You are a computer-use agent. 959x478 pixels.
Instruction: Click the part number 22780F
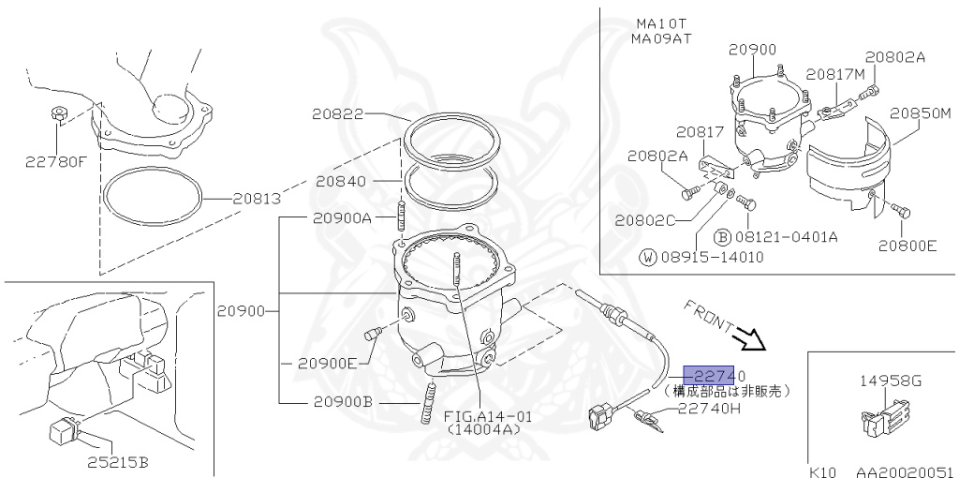tap(55, 160)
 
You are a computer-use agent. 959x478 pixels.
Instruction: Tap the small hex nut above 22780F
tap(57, 115)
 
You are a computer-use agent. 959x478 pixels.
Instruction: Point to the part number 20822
tap(338, 114)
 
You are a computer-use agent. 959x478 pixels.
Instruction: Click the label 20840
tap(340, 181)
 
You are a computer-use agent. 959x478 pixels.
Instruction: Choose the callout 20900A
tap(342, 217)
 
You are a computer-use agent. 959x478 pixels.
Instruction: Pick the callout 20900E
tap(327, 363)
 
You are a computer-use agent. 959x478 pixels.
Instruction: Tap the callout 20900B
tap(342, 401)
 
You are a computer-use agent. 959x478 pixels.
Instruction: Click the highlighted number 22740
tap(715, 376)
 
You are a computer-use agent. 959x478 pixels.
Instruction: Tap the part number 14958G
tap(891, 381)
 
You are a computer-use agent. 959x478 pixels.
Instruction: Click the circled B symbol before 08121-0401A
tap(722, 236)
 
